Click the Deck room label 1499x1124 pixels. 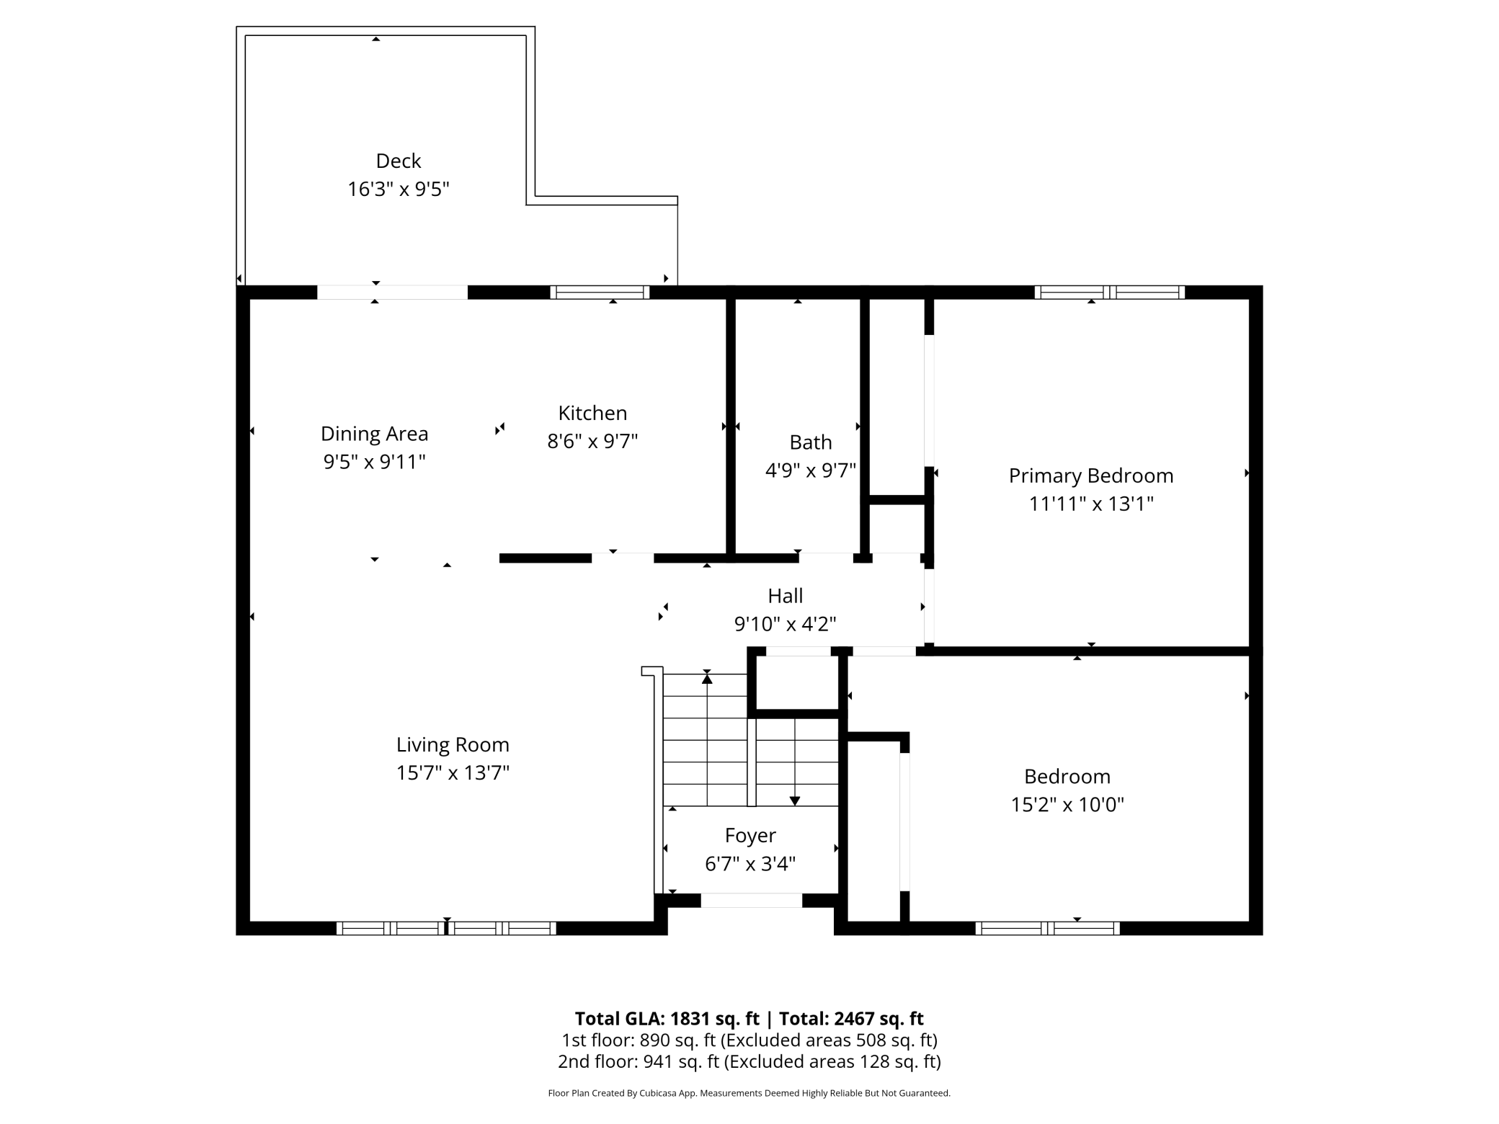(399, 161)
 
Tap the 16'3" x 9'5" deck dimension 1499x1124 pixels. (399, 189)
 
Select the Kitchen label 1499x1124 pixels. (592, 413)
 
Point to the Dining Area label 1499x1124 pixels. (374, 434)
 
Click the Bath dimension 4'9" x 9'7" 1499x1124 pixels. (811, 470)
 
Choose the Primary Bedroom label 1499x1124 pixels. (1091, 476)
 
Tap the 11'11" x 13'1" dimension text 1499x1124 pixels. (1091, 504)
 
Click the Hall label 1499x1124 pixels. (785, 596)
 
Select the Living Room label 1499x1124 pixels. (453, 745)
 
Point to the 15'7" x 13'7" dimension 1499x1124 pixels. (453, 772)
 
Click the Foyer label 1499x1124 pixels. (750, 836)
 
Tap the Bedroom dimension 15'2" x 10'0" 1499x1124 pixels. (1067, 804)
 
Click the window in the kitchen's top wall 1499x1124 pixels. (600, 292)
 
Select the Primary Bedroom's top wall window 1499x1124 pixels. (1110, 292)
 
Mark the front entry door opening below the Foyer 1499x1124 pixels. (751, 900)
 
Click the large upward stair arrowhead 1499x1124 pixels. (707, 679)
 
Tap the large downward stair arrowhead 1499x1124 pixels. (795, 801)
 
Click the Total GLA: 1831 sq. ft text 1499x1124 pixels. (667, 1019)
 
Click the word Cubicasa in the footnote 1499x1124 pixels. (659, 1093)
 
